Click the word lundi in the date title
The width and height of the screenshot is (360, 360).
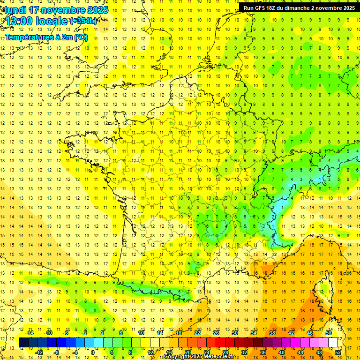pos(15,10)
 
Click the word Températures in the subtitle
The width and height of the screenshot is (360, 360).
pos(29,37)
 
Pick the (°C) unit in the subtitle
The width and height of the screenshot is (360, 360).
pos(80,37)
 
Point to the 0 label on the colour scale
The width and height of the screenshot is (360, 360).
pos(93,352)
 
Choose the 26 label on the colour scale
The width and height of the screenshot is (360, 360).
pos(217,333)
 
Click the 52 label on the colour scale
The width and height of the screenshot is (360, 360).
pos(338,352)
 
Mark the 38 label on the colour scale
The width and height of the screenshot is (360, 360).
pos(273,333)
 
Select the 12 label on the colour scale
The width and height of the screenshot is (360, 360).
pos(150,352)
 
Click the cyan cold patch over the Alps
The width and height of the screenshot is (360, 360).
pos(280,206)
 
